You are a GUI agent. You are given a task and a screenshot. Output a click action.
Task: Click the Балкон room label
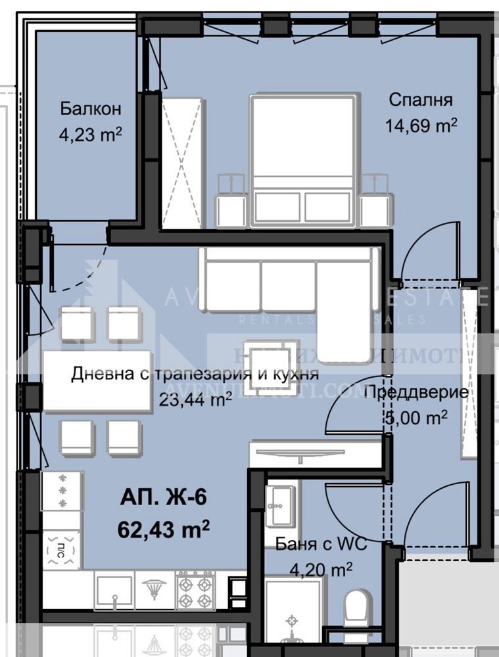click(91, 108)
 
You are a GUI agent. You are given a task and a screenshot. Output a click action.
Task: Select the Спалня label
click(420, 100)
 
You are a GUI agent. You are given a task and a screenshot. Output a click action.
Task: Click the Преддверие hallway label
click(416, 393)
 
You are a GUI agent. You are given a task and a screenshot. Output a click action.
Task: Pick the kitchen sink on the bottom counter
click(114, 590)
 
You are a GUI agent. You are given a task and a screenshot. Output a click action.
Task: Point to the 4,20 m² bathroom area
click(321, 569)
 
